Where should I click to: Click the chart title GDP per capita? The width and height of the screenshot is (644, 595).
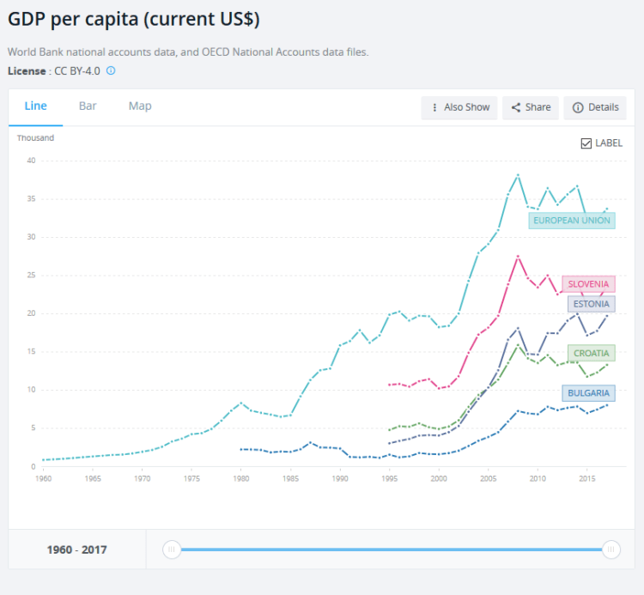(x=134, y=19)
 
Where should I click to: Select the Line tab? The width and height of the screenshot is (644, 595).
(x=35, y=106)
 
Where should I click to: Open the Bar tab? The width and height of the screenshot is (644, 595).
(x=88, y=106)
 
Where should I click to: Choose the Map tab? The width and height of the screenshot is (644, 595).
(x=140, y=106)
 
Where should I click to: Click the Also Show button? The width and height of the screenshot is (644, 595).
(x=459, y=107)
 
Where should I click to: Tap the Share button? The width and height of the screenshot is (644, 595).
(x=531, y=107)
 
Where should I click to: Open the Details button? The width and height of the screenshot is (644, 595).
(x=595, y=107)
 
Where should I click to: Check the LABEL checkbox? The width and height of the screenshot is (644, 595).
(x=586, y=143)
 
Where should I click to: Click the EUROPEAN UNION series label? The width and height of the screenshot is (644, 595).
(x=571, y=221)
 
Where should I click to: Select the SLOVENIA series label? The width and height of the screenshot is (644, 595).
(x=588, y=284)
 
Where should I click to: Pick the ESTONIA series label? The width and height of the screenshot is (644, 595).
(x=591, y=304)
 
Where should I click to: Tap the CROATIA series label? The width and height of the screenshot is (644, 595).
(x=591, y=353)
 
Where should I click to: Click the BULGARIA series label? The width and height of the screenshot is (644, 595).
(x=588, y=393)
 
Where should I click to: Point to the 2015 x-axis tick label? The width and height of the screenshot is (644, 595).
(x=586, y=477)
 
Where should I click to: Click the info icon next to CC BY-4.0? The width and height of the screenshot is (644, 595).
(x=111, y=70)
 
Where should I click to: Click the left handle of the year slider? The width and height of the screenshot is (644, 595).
(x=172, y=549)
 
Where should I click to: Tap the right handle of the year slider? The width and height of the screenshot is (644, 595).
(x=611, y=549)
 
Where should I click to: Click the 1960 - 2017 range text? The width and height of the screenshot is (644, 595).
(x=77, y=549)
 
